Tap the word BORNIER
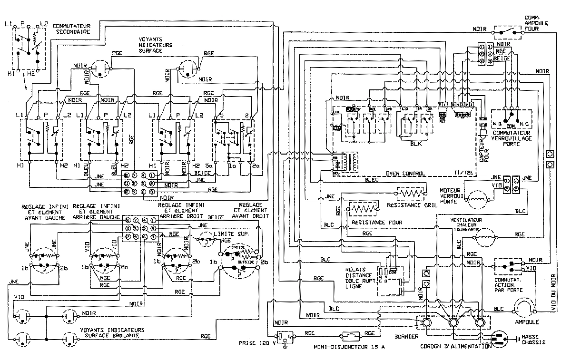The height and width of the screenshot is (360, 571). (x=406, y=337)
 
